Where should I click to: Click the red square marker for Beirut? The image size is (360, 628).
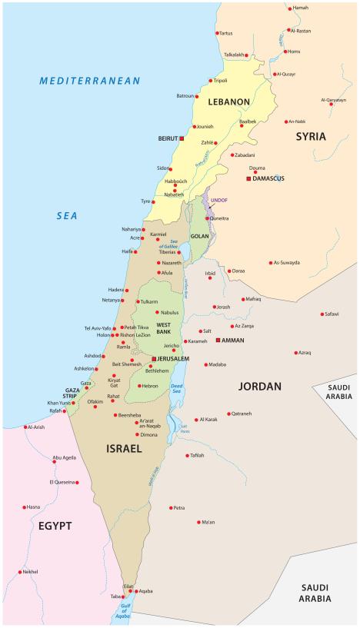click(183, 140)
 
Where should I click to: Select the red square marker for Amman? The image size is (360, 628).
click(218, 339)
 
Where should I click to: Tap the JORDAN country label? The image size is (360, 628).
click(259, 386)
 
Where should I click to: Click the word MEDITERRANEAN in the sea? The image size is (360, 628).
click(91, 80)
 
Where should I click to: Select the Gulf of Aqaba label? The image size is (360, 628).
click(122, 612)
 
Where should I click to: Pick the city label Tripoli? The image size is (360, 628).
click(220, 81)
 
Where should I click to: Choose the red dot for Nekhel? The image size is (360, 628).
click(20, 572)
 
